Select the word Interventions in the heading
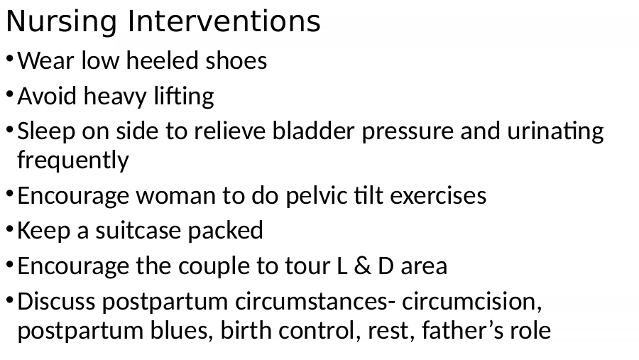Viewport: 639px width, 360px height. coord(224,21)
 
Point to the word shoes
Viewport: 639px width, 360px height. coord(236,60)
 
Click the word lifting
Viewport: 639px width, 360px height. coord(184,97)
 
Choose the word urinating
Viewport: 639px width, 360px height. coord(555,132)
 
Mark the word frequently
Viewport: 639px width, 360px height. coord(73,160)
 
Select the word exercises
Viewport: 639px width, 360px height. coord(438,196)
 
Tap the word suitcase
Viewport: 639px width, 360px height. coord(138,230)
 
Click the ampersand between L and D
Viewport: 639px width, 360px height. coord(362,266)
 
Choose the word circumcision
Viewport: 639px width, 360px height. coord(472,302)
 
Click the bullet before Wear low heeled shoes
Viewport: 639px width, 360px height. coord(10,59)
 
